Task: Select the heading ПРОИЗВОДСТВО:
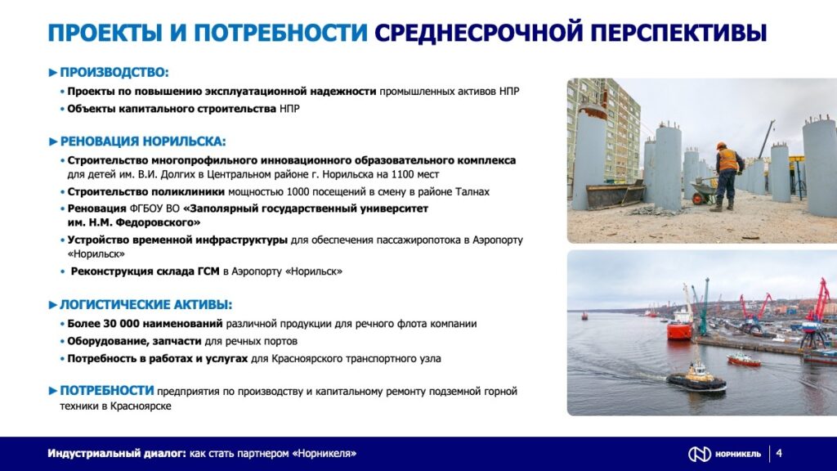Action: pos(114,72)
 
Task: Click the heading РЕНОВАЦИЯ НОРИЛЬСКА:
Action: pos(142,141)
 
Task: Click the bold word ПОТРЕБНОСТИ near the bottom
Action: pos(107,390)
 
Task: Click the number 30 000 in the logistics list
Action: pos(120,324)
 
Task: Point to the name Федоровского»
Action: pos(162,222)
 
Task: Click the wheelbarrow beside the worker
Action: pos(701,193)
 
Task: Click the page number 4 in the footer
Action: pos(779,453)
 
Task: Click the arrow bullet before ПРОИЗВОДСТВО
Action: pos(53,72)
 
